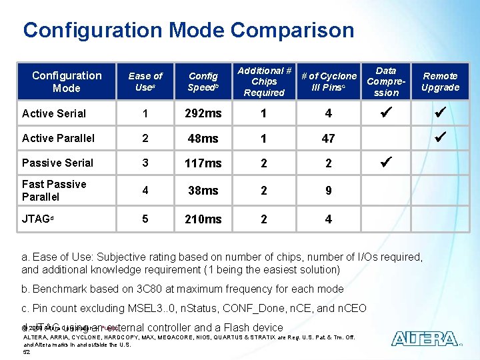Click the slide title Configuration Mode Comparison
189,30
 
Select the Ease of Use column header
145,81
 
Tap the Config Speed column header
203,81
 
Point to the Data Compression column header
385,81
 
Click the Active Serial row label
54,113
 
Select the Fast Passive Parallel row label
54,190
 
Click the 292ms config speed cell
203,113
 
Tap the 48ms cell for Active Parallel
203,138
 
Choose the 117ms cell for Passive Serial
203,163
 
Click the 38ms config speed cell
203,191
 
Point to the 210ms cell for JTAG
203,219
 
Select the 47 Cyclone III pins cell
328,138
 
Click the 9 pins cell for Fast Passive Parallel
328,191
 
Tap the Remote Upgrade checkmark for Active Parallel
440,137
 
